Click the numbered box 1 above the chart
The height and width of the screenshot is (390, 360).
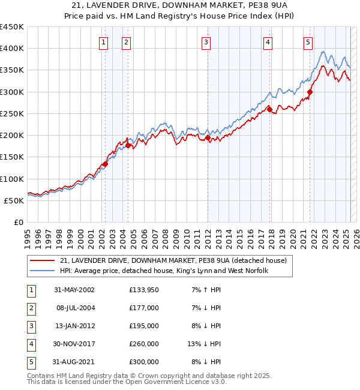pyautogui.click(x=104, y=42)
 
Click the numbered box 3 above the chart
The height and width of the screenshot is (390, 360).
pyautogui.click(x=206, y=42)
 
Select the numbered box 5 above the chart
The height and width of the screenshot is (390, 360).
pyautogui.click(x=308, y=42)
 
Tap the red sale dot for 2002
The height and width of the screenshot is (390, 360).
pyautogui.click(x=105, y=164)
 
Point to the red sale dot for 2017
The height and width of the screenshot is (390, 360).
pyautogui.click(x=269, y=109)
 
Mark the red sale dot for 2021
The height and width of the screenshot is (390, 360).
pyautogui.click(x=310, y=92)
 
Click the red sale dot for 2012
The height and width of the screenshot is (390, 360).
pyautogui.click(x=208, y=137)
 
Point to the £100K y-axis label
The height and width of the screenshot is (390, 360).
pyautogui.click(x=13, y=179)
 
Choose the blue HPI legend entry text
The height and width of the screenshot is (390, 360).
pyautogui.click(x=164, y=271)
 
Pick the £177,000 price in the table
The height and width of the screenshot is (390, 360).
pyautogui.click(x=143, y=308)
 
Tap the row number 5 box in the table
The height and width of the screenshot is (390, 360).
pyautogui.click(x=31, y=362)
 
